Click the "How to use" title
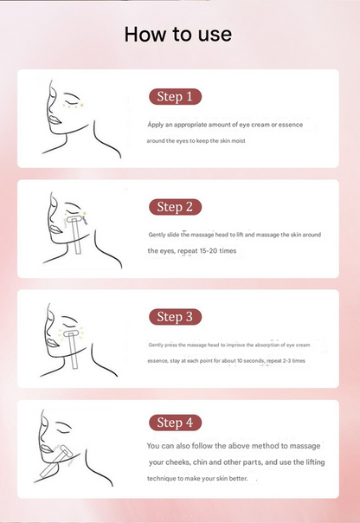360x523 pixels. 178,34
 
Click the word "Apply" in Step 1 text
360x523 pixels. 155,125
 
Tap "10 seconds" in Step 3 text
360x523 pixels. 256,359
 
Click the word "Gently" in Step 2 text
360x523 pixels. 157,235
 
